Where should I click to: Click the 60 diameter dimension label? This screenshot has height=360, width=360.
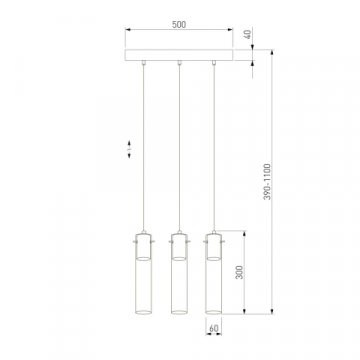coord(212,327)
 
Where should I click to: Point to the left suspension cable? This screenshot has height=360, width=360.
coord(144,150)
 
